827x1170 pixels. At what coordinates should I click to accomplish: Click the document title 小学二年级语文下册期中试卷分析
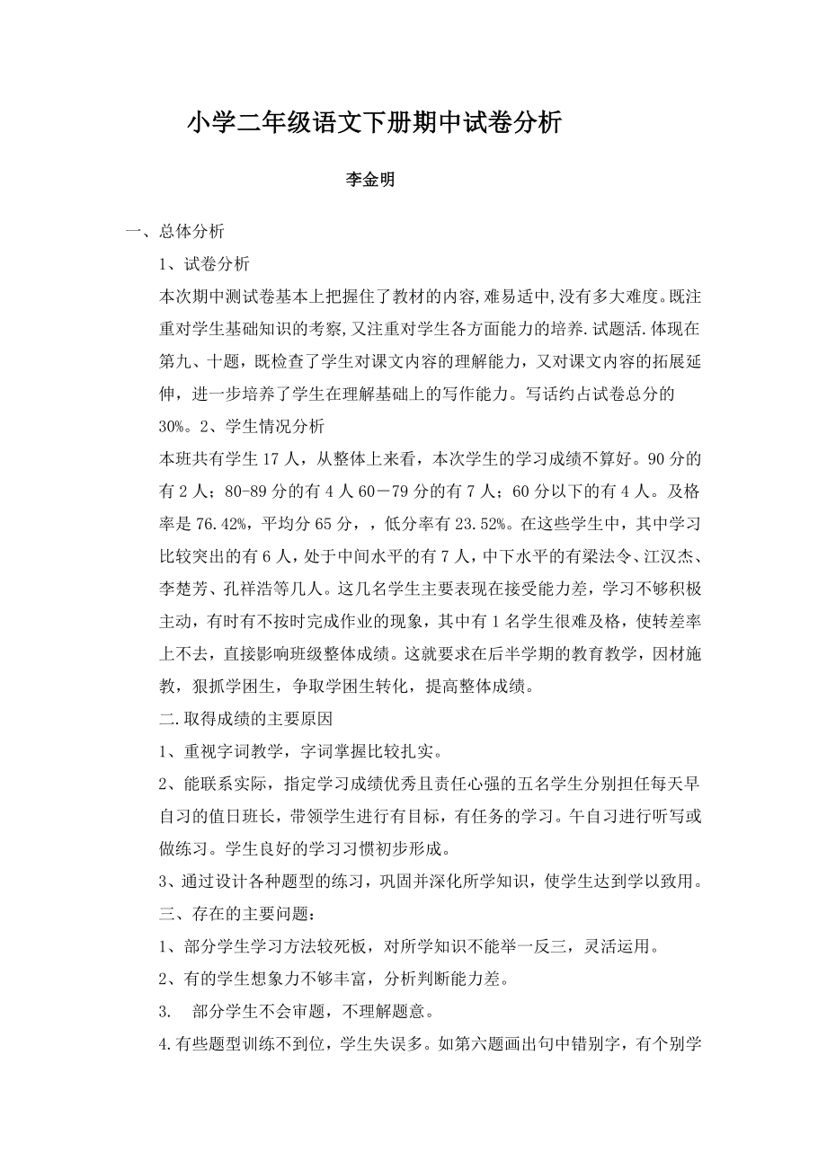[374, 123]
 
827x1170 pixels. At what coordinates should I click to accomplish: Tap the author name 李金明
[371, 180]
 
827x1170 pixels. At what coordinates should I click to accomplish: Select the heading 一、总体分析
[175, 232]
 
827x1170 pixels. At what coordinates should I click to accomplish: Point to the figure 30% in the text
[173, 425]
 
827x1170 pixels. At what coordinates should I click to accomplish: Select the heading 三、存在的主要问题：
[237, 916]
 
